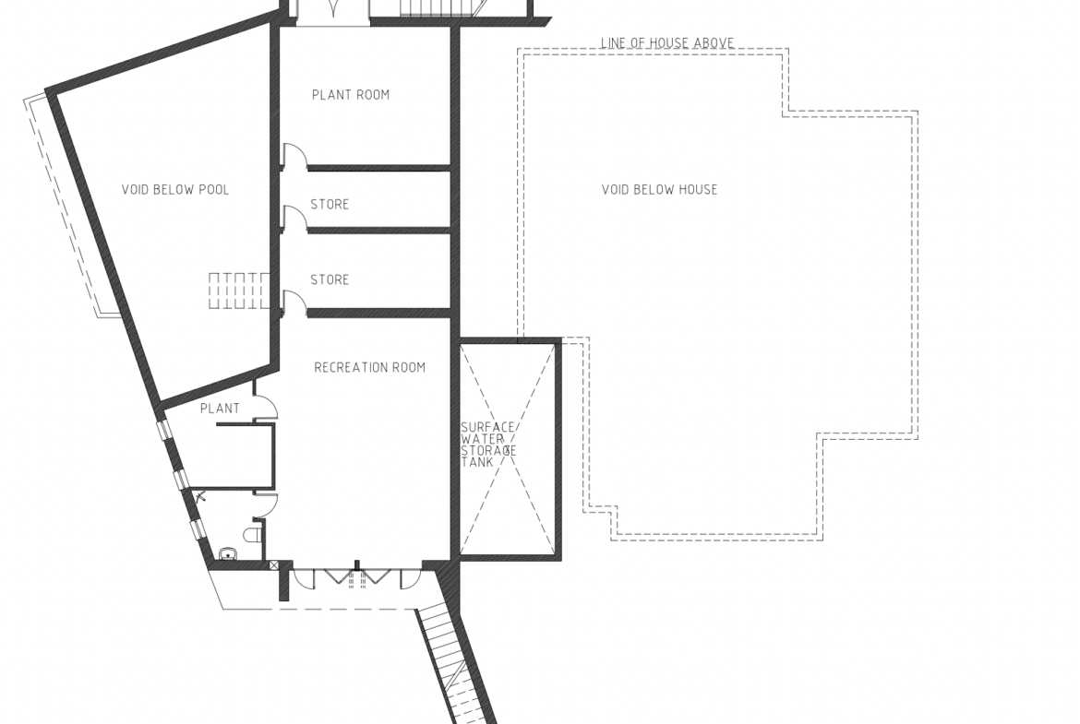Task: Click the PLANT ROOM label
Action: [351, 95]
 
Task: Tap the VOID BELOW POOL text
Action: [175, 189]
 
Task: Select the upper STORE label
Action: [330, 205]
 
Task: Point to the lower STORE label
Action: [330, 279]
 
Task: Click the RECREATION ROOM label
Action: [370, 367]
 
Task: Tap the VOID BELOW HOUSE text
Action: [659, 189]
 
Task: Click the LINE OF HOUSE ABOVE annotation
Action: [666, 42]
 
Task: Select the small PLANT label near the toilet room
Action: [220, 408]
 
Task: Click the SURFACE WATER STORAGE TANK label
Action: [488, 445]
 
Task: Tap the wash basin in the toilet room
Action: [227, 553]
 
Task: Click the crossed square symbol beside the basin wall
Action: [273, 565]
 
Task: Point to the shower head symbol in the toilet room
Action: [200, 496]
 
